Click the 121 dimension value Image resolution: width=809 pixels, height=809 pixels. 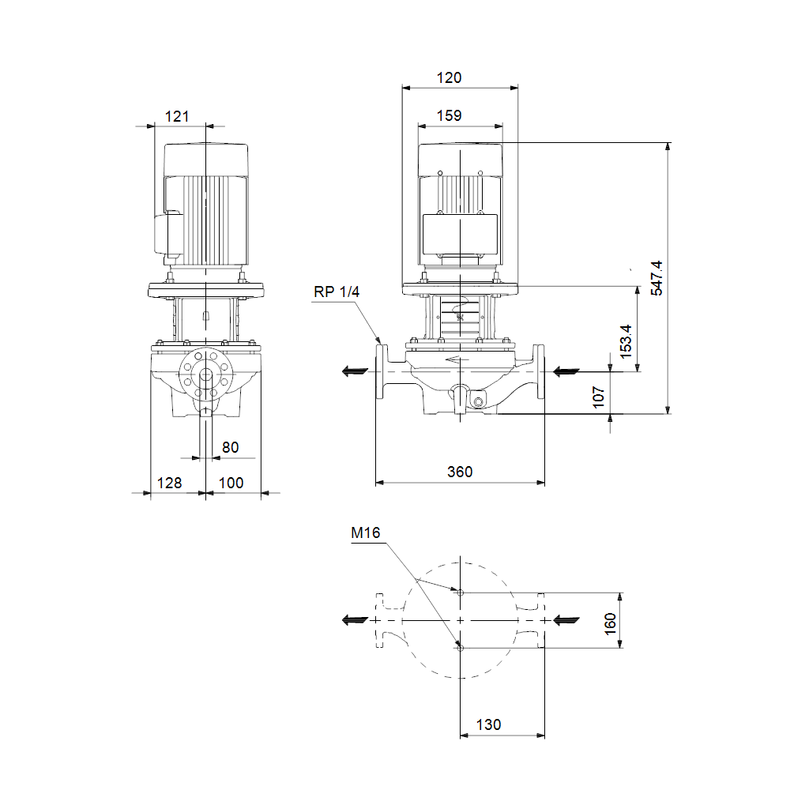point(177,117)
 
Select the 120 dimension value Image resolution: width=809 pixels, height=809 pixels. point(449,78)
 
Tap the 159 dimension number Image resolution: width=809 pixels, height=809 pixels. point(449,115)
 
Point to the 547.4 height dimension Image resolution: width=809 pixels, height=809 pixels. point(657,278)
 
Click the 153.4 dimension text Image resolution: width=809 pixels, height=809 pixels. point(626,341)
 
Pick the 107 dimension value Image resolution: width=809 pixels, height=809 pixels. point(599,397)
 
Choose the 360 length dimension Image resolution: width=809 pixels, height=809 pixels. point(460,472)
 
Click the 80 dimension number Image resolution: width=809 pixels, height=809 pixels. point(230,447)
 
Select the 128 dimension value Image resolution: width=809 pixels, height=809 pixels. point(169,483)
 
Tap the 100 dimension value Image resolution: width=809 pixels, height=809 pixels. point(231,483)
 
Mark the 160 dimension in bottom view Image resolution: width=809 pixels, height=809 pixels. point(611,624)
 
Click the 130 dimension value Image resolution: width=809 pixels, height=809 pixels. point(488,725)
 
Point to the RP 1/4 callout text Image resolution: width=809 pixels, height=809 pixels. point(337,292)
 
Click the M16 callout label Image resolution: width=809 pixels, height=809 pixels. point(365,533)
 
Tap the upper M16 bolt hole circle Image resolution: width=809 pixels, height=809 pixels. point(461,593)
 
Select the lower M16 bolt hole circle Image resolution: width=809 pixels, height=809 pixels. point(461,648)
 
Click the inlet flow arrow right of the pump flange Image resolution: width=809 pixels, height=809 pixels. point(566,371)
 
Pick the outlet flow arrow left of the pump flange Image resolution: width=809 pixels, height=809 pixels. point(355,371)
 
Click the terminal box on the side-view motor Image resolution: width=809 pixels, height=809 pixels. point(167,233)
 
